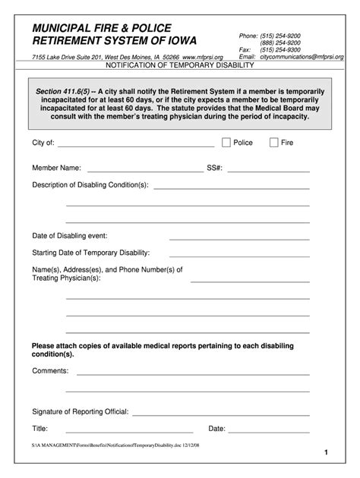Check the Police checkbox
226,142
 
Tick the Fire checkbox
274,142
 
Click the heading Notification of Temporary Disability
179,66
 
